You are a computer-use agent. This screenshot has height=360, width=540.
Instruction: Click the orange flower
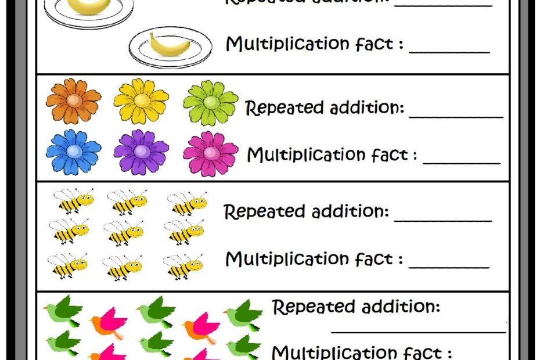pyautogui.click(x=73, y=101)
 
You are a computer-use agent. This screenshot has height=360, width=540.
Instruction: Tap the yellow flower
pyautogui.click(x=141, y=100)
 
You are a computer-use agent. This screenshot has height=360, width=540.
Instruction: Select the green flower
pyautogui.click(x=210, y=103)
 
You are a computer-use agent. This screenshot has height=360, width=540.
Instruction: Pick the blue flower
pyautogui.click(x=73, y=151)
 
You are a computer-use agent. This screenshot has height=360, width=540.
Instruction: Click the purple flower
pyautogui.click(x=141, y=151)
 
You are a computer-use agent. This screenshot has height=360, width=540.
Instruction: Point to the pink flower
pyautogui.click(x=210, y=153)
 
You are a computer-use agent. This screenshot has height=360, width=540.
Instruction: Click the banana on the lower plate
pyautogui.click(x=169, y=45)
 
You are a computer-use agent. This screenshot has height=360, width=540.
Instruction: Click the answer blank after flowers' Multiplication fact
pyautogui.click(x=462, y=163)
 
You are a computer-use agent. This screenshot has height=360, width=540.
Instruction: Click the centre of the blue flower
pyautogui.click(x=73, y=151)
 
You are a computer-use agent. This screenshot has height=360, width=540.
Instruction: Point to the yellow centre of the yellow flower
pyautogui.click(x=141, y=100)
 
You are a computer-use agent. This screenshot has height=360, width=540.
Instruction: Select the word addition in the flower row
pyautogui.click(x=367, y=108)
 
